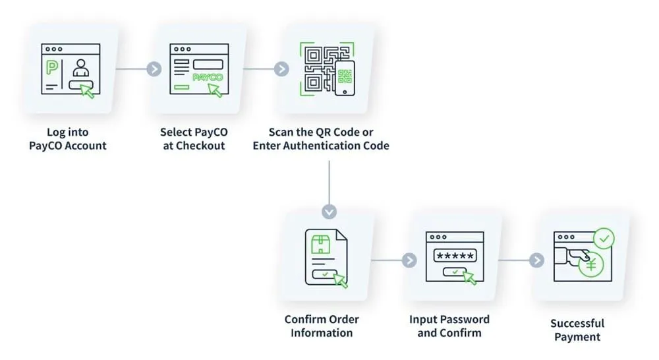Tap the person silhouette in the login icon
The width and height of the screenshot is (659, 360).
(80, 67)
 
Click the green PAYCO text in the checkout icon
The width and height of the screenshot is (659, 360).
(208, 77)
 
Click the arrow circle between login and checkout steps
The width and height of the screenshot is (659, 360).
(154, 69)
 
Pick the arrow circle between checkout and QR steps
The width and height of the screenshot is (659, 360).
(281, 69)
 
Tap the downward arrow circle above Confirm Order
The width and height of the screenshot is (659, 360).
(329, 212)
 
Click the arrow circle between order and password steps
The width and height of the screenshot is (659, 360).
(409, 260)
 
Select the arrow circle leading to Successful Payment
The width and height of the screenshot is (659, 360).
(536, 260)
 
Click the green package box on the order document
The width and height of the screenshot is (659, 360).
(321, 245)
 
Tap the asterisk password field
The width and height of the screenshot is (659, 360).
(455, 255)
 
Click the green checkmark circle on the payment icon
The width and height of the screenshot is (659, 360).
(604, 239)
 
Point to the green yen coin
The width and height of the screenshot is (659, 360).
(591, 265)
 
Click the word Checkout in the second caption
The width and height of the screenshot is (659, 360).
(200, 146)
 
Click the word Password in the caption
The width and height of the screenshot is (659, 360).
(467, 320)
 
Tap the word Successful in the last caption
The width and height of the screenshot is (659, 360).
(577, 324)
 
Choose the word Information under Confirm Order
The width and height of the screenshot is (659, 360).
(322, 333)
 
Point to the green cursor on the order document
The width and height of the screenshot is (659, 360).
(341, 280)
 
